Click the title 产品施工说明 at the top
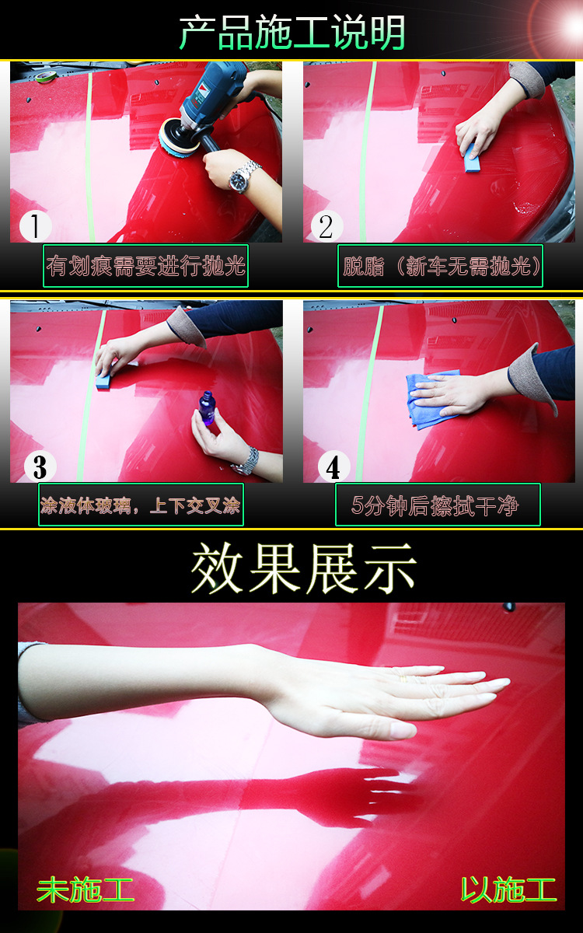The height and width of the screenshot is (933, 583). tap(292, 32)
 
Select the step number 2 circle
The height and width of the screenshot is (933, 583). tap(326, 226)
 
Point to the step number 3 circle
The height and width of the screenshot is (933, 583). tap(40, 466)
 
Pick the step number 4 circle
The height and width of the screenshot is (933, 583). tap(333, 467)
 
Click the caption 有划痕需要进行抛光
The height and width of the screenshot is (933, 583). tap(145, 266)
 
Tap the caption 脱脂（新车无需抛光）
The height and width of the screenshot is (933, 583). tap(441, 266)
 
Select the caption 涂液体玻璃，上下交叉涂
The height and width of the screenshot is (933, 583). tap(141, 505)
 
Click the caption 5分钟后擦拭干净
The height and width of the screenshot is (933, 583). tap(437, 505)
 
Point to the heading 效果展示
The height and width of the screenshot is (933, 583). tap(304, 568)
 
